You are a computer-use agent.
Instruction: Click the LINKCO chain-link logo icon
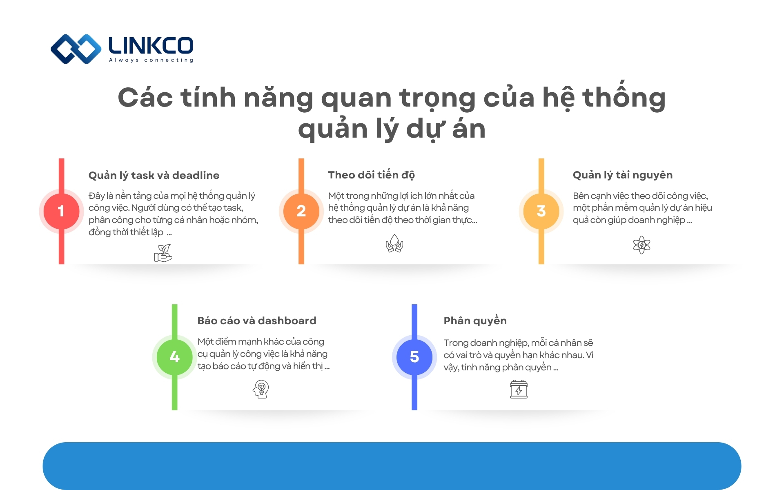click(76, 49)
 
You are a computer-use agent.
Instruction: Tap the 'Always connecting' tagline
click(151, 60)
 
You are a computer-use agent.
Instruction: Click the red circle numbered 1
click(61, 211)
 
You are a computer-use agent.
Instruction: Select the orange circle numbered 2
click(301, 211)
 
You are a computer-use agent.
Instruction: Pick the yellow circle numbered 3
click(541, 211)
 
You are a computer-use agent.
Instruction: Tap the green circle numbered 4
click(175, 357)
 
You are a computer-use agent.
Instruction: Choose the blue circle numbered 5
click(414, 357)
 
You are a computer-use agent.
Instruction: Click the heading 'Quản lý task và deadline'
click(154, 175)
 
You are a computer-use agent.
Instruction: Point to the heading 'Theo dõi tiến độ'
click(371, 175)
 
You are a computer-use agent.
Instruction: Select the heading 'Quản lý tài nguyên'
click(623, 175)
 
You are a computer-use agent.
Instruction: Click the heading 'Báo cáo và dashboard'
click(257, 321)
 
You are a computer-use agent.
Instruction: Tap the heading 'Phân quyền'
click(475, 321)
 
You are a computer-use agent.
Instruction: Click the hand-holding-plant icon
click(163, 253)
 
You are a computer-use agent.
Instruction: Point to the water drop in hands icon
click(394, 243)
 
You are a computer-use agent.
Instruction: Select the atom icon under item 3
click(641, 245)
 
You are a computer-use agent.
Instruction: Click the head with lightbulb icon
click(261, 389)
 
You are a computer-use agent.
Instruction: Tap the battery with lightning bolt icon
click(519, 389)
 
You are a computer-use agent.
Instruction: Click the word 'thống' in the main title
click(624, 98)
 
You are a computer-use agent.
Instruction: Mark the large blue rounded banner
click(392, 466)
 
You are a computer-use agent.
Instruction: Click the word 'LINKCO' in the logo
click(151, 45)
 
